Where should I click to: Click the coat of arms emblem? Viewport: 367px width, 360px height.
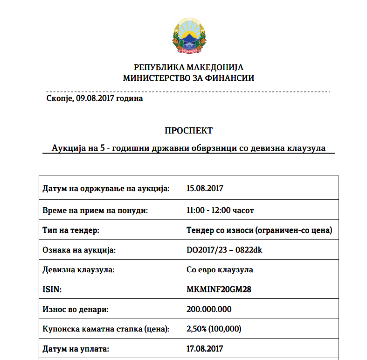point(188,36)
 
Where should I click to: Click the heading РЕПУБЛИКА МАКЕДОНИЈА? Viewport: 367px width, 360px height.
point(188,67)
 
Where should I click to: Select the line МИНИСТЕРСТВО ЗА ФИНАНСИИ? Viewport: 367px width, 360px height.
point(188,78)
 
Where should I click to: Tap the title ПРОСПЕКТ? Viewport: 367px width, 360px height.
point(188,130)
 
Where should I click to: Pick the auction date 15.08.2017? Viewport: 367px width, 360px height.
point(205,189)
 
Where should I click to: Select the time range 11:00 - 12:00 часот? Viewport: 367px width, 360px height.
point(220,210)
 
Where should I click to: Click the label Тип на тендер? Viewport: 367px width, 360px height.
point(71,230)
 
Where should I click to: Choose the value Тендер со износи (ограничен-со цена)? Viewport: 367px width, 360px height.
point(259,230)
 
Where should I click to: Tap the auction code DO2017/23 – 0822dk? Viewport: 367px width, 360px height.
point(224,250)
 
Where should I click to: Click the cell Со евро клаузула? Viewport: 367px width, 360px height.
point(220,270)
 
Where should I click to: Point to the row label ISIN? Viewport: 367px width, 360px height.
point(52,289)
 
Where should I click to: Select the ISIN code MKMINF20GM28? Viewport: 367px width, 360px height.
point(219,289)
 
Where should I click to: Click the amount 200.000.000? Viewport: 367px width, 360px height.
point(209,309)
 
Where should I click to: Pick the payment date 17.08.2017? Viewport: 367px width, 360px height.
point(205,348)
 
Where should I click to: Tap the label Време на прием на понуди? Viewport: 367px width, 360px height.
point(95,210)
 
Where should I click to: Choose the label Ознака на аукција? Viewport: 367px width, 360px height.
point(79,250)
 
